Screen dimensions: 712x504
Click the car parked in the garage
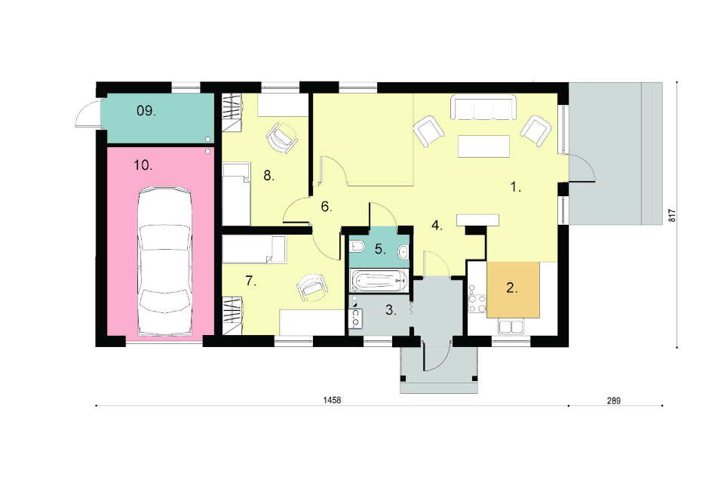pyautogui.click(x=164, y=262)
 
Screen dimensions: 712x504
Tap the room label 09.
pyautogui.click(x=146, y=110)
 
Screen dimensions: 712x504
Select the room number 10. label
pyautogui.click(x=143, y=165)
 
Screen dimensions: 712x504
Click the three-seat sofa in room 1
pyautogui.click(x=483, y=108)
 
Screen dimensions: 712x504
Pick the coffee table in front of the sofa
pyautogui.click(x=483, y=146)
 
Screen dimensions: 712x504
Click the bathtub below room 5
pyautogui.click(x=379, y=281)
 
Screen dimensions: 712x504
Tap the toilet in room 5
pyautogui.click(x=358, y=247)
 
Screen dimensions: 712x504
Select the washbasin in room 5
pyautogui.click(x=403, y=251)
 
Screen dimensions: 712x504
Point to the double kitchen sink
pyautogui.click(x=511, y=327)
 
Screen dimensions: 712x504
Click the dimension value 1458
pyautogui.click(x=332, y=400)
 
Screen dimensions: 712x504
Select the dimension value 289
pyautogui.click(x=613, y=401)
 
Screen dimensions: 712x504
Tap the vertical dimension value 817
pyautogui.click(x=673, y=215)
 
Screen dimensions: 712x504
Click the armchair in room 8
pyautogui.click(x=282, y=137)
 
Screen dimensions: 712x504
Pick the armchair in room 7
pyautogui.click(x=311, y=287)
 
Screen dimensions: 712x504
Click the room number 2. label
pyautogui.click(x=511, y=287)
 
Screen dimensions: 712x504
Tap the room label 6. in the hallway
pyautogui.click(x=327, y=207)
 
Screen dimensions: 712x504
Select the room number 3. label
pyautogui.click(x=391, y=310)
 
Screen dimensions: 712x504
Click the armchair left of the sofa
pyautogui.click(x=428, y=131)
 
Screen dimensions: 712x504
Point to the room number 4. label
pyautogui.click(x=437, y=225)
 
